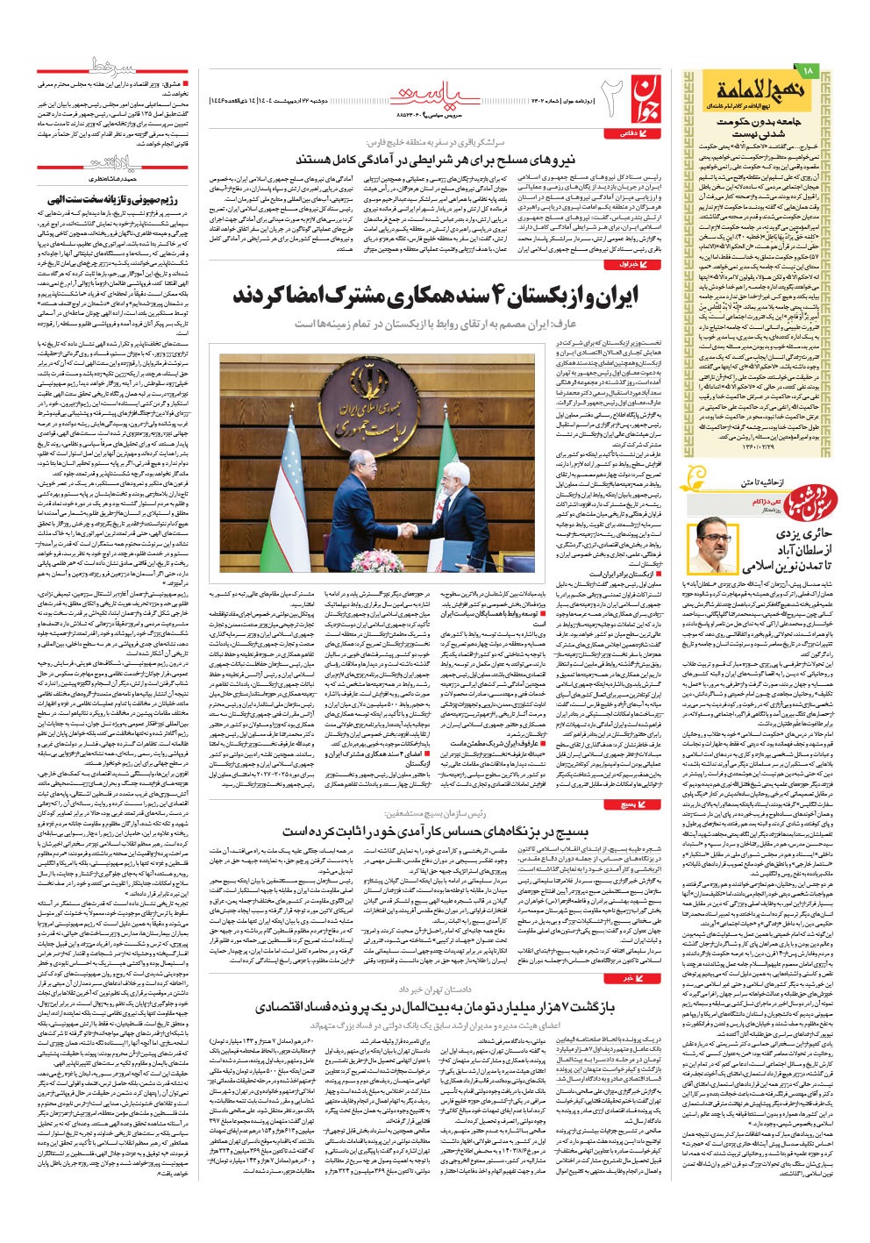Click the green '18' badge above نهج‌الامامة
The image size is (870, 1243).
808,69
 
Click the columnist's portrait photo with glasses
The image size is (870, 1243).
714,547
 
